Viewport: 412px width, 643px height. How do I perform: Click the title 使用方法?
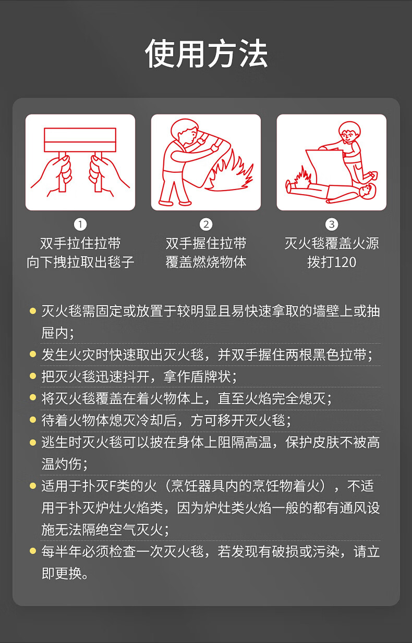click(x=206, y=54)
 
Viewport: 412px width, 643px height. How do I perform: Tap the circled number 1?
click(x=80, y=224)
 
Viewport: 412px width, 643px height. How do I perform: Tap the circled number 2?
click(x=206, y=224)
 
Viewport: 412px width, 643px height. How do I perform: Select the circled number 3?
click(x=332, y=224)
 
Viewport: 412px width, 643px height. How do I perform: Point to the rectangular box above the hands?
click(x=80, y=140)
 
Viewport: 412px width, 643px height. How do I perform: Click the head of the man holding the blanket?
click(x=184, y=131)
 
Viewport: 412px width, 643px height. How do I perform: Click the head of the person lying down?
click(x=369, y=191)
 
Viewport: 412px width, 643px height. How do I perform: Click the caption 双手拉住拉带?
click(x=80, y=244)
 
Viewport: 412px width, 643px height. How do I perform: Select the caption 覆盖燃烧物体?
click(x=206, y=262)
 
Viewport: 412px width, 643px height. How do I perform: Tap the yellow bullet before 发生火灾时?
click(x=33, y=354)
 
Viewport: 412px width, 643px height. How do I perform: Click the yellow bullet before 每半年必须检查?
click(x=33, y=550)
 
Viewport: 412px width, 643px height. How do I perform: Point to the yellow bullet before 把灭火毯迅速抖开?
click(x=33, y=376)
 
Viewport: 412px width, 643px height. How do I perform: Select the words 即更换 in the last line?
click(x=62, y=573)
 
